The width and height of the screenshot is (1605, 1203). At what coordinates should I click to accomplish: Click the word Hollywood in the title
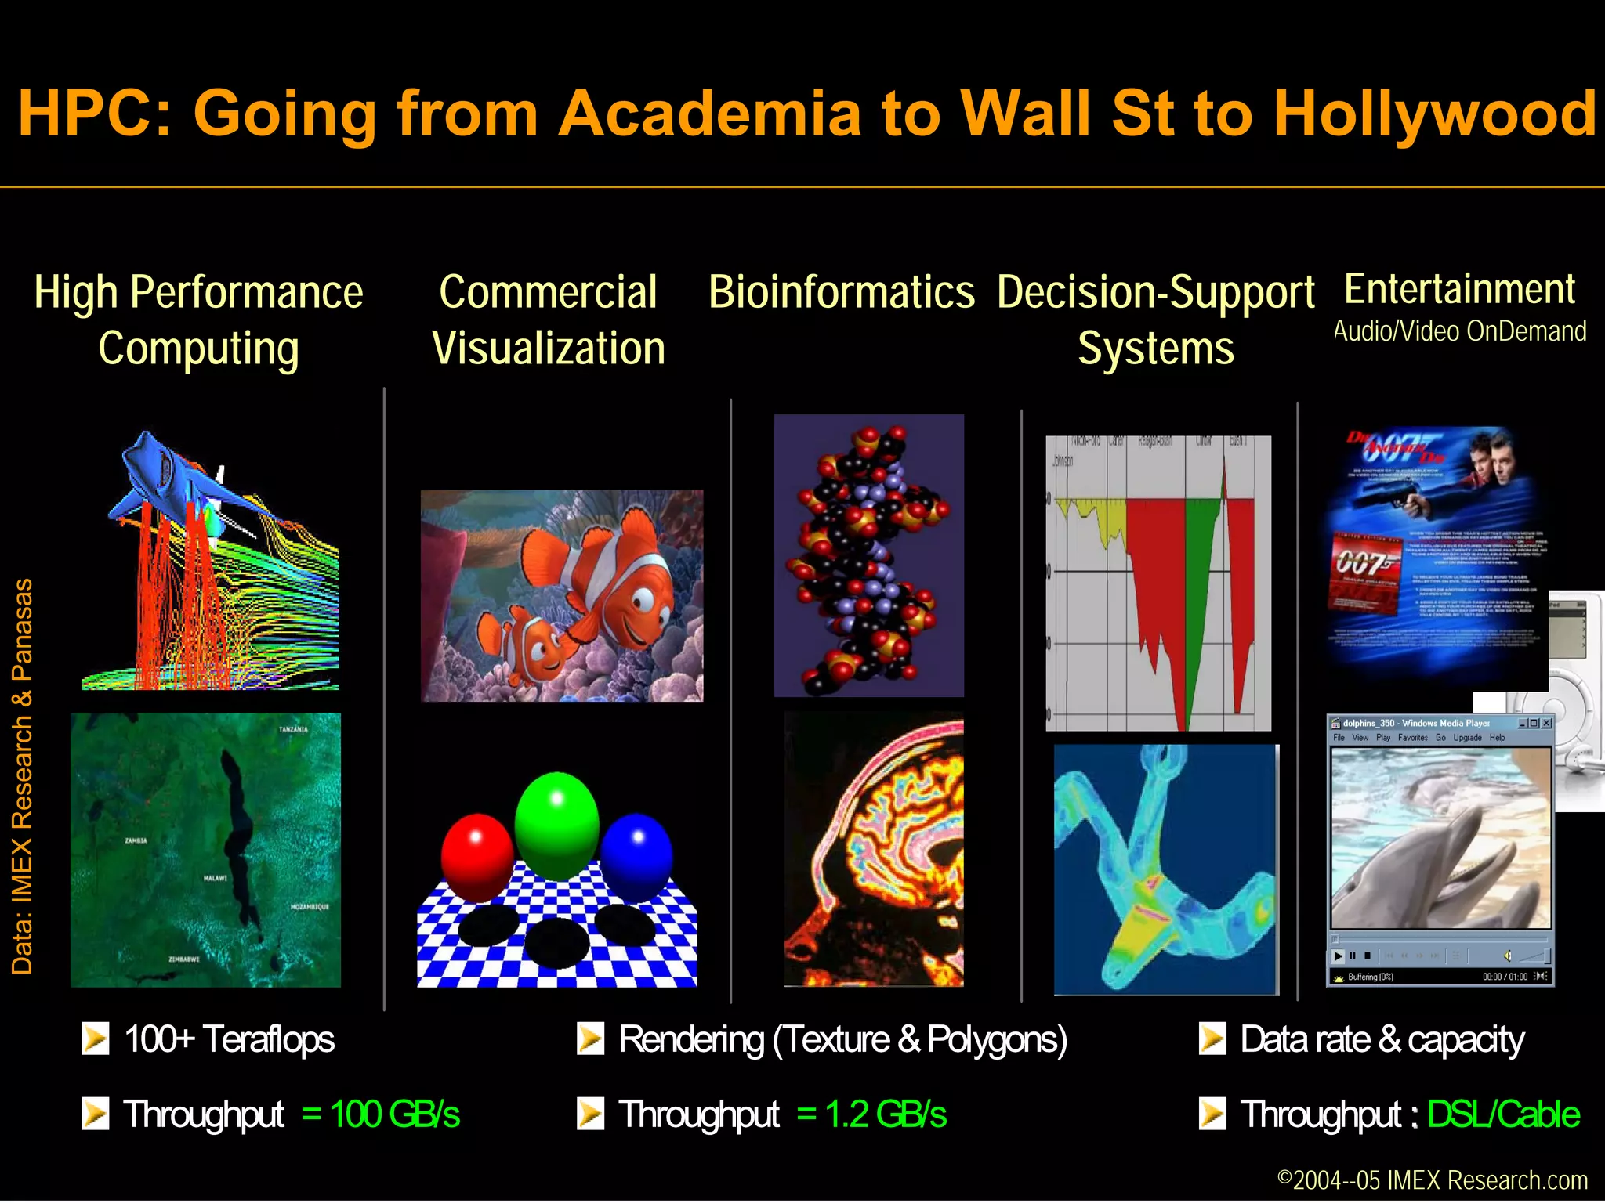coord(1433,114)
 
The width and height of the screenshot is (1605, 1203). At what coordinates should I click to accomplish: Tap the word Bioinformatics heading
coord(842,293)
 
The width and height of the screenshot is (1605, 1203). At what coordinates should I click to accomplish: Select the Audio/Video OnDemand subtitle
coord(1460,331)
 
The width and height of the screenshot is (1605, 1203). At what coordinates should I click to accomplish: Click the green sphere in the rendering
coord(556,826)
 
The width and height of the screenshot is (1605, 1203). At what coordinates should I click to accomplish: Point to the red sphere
coord(476,857)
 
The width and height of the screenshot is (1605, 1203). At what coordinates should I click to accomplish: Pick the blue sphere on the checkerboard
coord(636,857)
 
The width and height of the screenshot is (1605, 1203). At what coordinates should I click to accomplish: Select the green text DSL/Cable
coord(1503,1114)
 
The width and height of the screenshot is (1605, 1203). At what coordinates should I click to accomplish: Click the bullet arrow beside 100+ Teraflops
coord(96,1039)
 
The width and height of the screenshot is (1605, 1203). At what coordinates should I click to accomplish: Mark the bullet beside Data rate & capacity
coord(1212,1039)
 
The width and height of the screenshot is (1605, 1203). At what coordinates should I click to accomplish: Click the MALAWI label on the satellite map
coord(216,878)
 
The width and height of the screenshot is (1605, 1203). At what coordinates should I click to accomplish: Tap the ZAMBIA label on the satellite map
coord(136,840)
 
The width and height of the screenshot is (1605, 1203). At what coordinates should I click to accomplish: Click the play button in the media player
coord(1339,956)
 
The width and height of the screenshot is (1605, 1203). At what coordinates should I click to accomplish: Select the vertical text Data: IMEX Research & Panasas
coord(22,775)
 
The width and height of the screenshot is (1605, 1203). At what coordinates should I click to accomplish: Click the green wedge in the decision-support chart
coord(1199,595)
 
